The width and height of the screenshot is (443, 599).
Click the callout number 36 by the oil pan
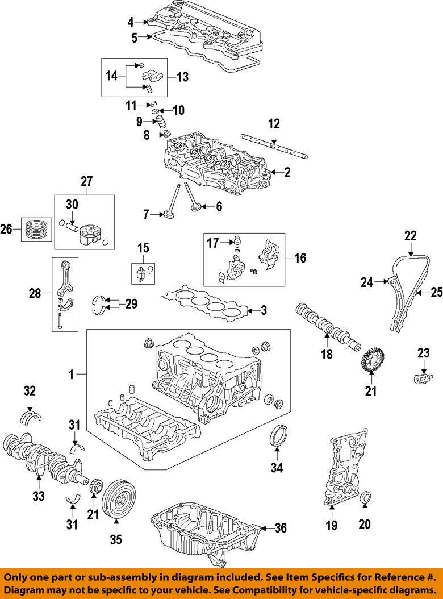(x=279, y=528)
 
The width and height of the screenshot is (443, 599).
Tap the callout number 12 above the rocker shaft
(x=274, y=123)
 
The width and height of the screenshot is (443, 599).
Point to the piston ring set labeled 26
(x=36, y=230)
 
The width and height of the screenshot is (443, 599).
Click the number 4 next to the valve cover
(x=131, y=23)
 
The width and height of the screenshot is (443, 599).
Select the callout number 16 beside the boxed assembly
(x=299, y=258)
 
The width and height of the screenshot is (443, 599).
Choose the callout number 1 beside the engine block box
(x=72, y=375)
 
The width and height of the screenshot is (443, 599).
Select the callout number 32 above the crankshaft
(x=30, y=390)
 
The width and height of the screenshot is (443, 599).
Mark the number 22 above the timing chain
(x=410, y=235)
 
